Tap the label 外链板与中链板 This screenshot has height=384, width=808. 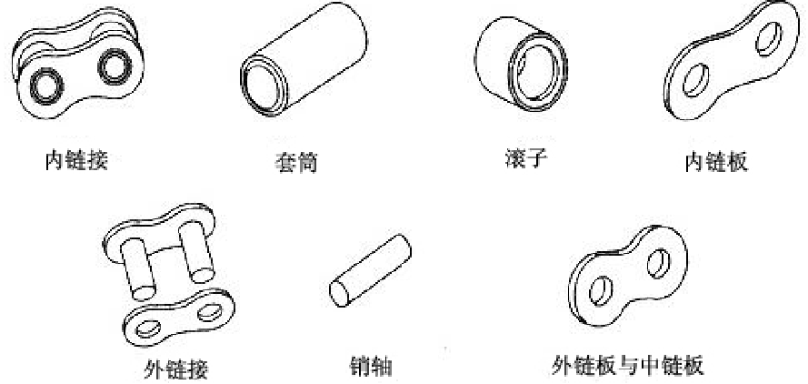click(628, 366)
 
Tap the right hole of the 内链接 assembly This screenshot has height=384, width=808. click(116, 65)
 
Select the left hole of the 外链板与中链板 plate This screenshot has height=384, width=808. click(600, 292)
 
